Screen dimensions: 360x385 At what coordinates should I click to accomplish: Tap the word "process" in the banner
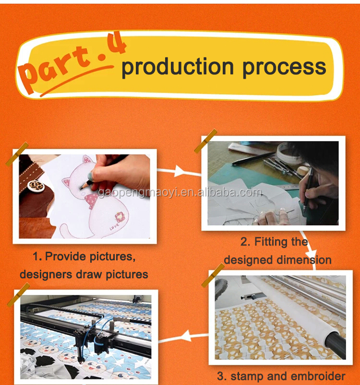coord(284,68)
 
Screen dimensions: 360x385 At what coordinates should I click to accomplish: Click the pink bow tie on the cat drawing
coord(91,199)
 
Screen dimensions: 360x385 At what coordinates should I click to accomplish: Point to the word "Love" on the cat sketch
coord(114,227)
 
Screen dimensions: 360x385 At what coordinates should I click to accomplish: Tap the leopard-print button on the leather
coord(36,186)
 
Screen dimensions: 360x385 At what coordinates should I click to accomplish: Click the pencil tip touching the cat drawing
coord(81,188)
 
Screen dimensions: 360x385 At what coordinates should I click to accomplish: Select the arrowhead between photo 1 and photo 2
coord(179,171)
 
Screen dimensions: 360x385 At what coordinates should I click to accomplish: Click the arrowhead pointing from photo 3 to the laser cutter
coord(186,336)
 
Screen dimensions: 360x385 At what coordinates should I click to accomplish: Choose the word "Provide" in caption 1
coord(65,257)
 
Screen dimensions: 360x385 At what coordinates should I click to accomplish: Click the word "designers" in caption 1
coord(46,275)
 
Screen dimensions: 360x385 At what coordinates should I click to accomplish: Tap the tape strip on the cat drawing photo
coord(17,154)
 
